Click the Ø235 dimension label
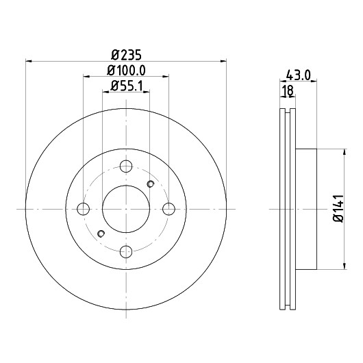(126, 55)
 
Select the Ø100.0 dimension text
(126, 71)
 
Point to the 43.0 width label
(298, 75)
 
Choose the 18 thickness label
(288, 90)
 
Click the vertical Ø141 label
(338, 209)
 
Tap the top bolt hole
(126, 166)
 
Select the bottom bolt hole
(126, 251)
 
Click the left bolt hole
(83, 209)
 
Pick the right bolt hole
(168, 209)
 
